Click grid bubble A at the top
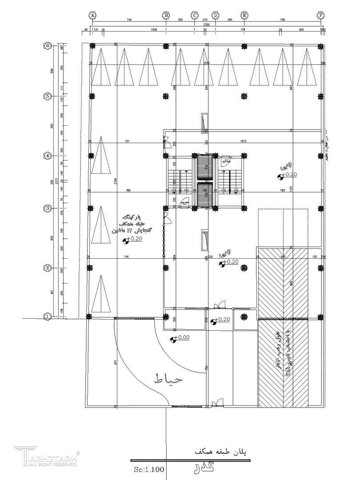pos(92,15)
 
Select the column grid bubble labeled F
pos(320,15)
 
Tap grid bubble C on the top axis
pos(194,15)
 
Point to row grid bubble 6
pos(47,46)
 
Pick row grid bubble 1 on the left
pos(47,316)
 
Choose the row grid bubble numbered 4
pos(47,156)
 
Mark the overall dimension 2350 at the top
pos(207,25)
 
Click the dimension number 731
pos(127,141)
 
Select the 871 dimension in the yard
pos(115,362)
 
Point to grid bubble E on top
pos(244,15)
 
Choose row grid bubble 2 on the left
pos(47,268)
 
